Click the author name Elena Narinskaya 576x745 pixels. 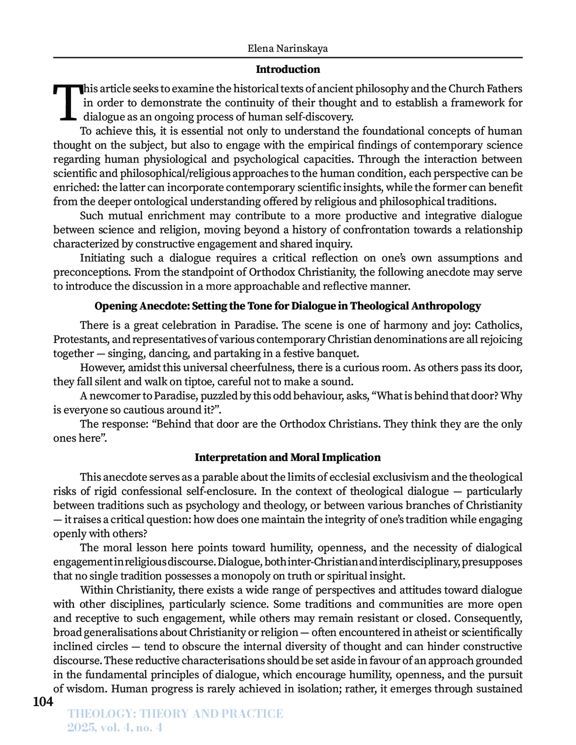(288, 48)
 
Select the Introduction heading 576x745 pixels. (288, 69)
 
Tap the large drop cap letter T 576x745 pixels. (67, 102)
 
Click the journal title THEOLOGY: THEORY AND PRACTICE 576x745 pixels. (176, 713)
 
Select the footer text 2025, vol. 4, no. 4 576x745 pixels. (115, 728)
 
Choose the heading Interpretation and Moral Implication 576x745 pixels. (288, 457)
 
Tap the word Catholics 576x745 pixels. (498, 325)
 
